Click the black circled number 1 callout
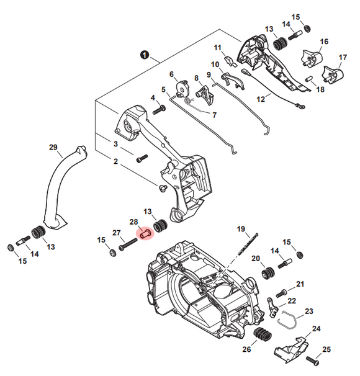(x=144, y=55)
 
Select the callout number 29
(x=53, y=147)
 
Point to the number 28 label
(x=133, y=222)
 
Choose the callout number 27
(x=115, y=233)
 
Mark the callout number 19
(x=242, y=230)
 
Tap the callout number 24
(x=316, y=329)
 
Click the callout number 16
(x=323, y=42)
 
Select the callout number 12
(x=261, y=99)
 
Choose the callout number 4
(x=153, y=97)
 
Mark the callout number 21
(x=300, y=285)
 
